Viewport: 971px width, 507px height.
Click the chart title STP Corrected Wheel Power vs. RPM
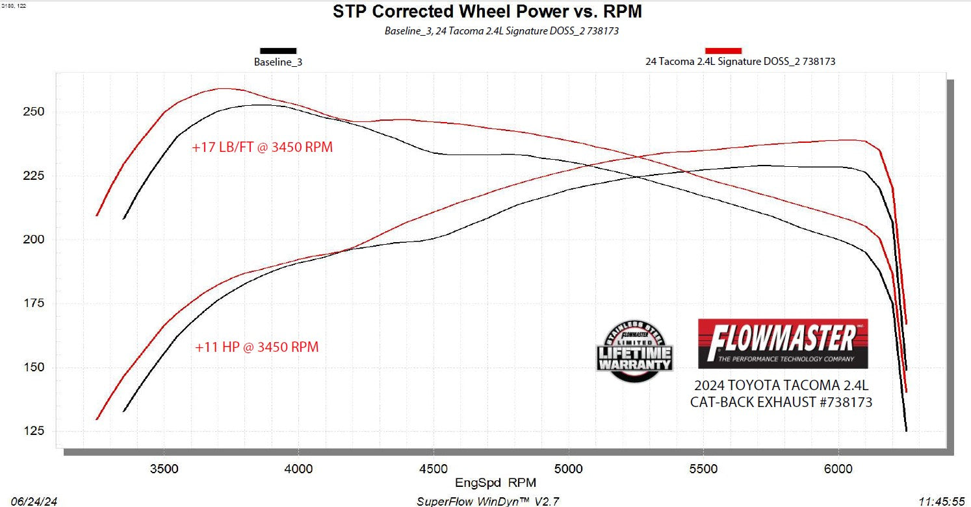pyautogui.click(x=487, y=12)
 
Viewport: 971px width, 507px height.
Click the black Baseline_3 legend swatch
pyautogui.click(x=278, y=51)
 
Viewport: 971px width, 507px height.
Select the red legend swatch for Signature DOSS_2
pyautogui.click(x=723, y=51)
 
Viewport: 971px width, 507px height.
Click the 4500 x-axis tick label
pyautogui.click(x=434, y=466)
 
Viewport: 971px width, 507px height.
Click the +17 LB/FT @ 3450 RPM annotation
pyautogui.click(x=262, y=147)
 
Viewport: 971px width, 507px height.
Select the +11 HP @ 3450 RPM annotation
pyautogui.click(x=257, y=347)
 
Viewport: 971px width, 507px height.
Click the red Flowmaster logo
pyautogui.click(x=783, y=343)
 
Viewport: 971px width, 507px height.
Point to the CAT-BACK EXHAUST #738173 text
pyautogui.click(x=781, y=402)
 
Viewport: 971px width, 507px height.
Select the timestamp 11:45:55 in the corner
pyautogui.click(x=942, y=501)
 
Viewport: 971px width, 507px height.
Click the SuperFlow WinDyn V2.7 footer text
pyautogui.click(x=487, y=501)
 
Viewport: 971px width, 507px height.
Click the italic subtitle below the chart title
pyautogui.click(x=501, y=31)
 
